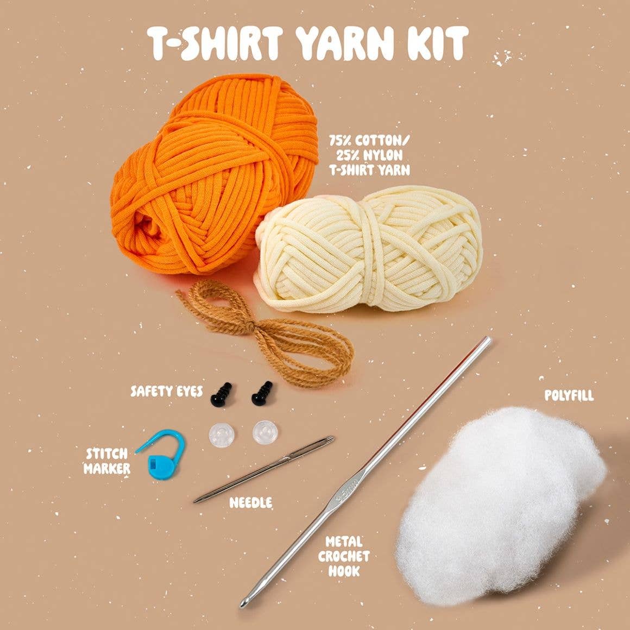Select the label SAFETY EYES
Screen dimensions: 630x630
pyautogui.click(x=167, y=391)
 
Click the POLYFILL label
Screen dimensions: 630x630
pyautogui.click(x=569, y=395)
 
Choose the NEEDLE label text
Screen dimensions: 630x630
pyautogui.click(x=250, y=502)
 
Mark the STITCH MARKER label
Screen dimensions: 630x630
pyautogui.click(x=107, y=461)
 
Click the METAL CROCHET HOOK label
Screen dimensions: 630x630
pyautogui.click(x=344, y=556)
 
